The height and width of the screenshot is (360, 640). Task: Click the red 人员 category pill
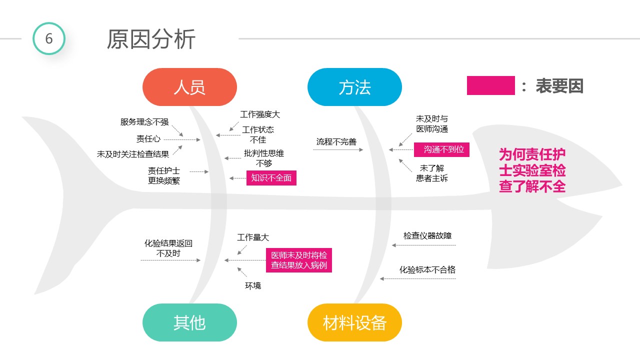(x=189, y=87)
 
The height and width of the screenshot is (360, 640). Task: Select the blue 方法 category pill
(x=354, y=87)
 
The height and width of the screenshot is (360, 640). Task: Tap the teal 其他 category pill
(x=189, y=322)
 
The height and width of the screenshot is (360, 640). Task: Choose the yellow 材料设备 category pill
(x=354, y=322)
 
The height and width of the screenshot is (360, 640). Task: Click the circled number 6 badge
(x=49, y=38)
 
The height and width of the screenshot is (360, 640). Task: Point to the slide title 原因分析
(x=151, y=39)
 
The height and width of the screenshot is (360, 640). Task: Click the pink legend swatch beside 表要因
(x=490, y=85)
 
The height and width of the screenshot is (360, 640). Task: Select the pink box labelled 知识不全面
(x=271, y=178)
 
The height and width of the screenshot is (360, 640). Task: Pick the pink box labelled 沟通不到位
(x=441, y=149)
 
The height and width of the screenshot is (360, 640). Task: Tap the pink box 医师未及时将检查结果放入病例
(x=299, y=260)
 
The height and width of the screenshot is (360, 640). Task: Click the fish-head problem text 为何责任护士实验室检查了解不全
(x=532, y=170)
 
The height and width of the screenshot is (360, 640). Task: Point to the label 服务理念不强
(x=144, y=122)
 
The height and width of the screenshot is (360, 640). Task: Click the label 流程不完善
(x=336, y=141)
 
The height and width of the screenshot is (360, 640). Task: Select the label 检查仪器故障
(x=427, y=235)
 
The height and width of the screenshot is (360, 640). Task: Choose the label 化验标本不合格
(x=427, y=269)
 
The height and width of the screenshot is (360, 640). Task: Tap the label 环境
(x=253, y=285)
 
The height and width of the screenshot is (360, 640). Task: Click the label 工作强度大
(x=260, y=114)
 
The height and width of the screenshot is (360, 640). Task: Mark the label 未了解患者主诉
(x=432, y=173)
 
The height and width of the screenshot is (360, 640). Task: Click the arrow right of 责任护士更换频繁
(x=199, y=171)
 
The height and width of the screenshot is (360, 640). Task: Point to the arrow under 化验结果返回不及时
(x=170, y=260)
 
